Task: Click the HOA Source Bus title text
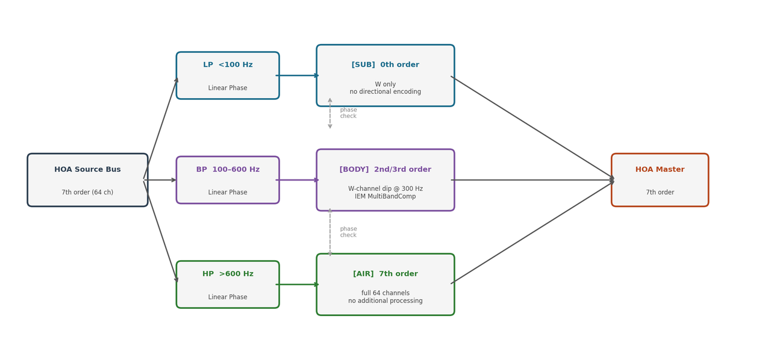(87, 170)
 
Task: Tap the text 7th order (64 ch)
(87, 193)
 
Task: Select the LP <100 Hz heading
(228, 65)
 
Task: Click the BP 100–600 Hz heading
(228, 170)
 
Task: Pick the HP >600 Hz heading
(228, 274)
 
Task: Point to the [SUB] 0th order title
(385, 65)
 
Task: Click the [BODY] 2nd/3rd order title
(385, 170)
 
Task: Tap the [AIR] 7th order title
(385, 274)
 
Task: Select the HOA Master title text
(660, 170)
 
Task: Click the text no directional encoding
(385, 92)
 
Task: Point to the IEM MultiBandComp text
(385, 196)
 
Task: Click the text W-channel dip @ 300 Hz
(385, 188)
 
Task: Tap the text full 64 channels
(385, 293)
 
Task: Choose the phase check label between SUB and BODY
(348, 113)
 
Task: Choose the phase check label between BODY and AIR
(348, 232)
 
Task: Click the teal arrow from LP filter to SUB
(298, 75)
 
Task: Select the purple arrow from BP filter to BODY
(298, 180)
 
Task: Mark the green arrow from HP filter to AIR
(298, 284)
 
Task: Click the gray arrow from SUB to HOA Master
(532, 128)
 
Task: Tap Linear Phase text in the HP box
(228, 297)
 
